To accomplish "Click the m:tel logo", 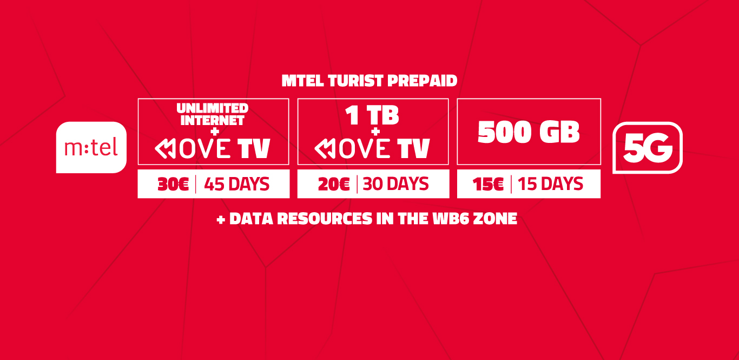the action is [91, 147].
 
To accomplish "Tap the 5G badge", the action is [648, 148].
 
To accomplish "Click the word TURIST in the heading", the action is [355, 81].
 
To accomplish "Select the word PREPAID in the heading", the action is [423, 81].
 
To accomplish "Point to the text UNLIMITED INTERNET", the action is [213, 114].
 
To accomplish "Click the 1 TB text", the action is [372, 115].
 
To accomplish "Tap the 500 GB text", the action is [529, 132].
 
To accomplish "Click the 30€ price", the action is [173, 184].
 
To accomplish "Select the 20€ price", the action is [334, 184].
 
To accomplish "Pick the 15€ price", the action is [488, 184].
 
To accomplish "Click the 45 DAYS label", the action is [236, 184].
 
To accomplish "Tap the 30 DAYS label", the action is [395, 184].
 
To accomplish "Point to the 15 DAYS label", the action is [550, 184].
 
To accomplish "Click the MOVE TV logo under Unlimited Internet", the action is [213, 148].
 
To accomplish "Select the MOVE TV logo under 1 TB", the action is [372, 148].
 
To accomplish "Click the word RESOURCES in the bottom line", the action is [325, 219].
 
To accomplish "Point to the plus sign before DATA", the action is [221, 220].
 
